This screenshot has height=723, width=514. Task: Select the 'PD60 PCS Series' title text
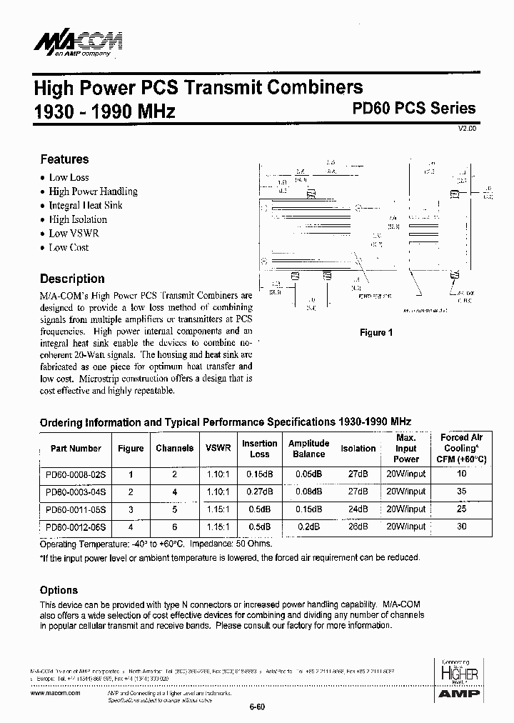click(x=414, y=109)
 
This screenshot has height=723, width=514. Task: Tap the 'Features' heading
click(x=64, y=159)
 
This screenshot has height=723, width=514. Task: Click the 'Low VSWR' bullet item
click(x=74, y=233)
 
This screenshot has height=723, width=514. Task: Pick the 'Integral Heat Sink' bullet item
click(x=85, y=205)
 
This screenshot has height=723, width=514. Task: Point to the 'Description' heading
click(x=72, y=279)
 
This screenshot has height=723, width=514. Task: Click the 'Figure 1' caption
click(x=376, y=332)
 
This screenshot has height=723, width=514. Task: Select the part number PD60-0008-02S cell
click(x=76, y=474)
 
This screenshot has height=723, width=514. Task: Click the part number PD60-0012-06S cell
click(x=76, y=527)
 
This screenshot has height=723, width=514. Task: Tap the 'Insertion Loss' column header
click(x=259, y=449)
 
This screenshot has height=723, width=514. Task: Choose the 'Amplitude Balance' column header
click(x=308, y=449)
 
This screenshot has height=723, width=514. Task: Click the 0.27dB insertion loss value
click(x=259, y=492)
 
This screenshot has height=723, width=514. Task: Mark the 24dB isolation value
click(x=358, y=509)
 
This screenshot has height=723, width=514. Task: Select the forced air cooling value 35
click(x=462, y=492)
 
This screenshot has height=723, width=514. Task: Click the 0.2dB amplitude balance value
click(x=308, y=527)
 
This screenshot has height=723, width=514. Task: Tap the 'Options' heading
click(x=59, y=590)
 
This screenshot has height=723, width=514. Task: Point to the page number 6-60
click(x=257, y=707)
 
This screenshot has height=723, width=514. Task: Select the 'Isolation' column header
click(x=358, y=449)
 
